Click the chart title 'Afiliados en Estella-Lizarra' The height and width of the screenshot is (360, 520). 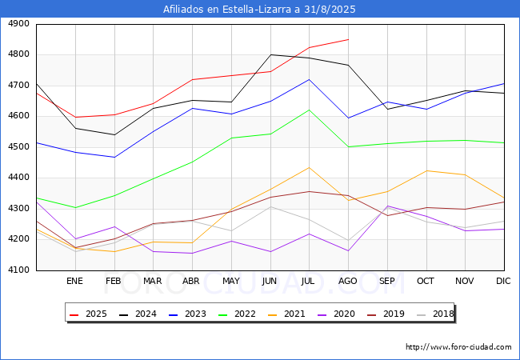click(259, 10)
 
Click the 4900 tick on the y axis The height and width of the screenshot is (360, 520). click(18, 24)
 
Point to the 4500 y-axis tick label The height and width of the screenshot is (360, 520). click(18, 147)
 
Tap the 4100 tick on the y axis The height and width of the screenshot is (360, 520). click(18, 270)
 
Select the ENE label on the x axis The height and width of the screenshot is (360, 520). click(74, 281)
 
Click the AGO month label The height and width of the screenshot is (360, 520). click(348, 281)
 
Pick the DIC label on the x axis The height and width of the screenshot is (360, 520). click(503, 281)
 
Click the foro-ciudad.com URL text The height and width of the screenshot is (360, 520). click(458, 347)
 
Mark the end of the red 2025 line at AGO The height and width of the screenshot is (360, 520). click(348, 39)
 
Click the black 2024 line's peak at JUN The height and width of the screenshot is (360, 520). click(270, 54)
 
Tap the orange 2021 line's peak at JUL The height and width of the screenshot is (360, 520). click(309, 167)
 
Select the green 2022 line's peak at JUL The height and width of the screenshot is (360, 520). click(309, 110)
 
